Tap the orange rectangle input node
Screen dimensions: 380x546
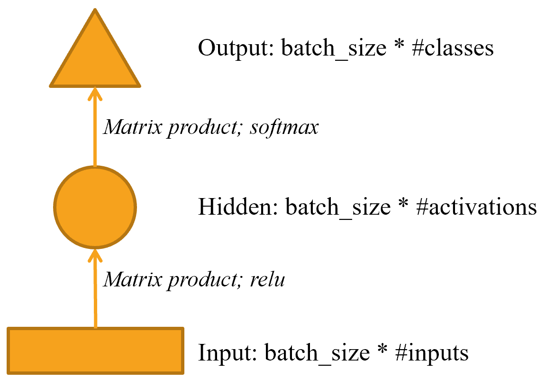pyautogui.click(x=95, y=351)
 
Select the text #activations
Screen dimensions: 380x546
pyautogui.click(x=476, y=207)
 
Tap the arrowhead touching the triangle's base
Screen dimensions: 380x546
pyautogui.click(x=95, y=93)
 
